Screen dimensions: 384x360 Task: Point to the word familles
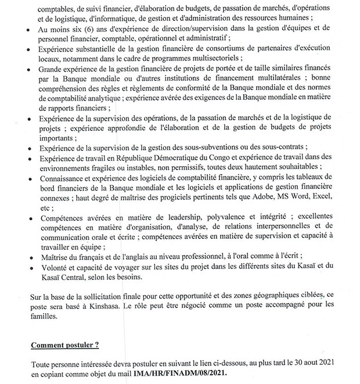tap(46, 318)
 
